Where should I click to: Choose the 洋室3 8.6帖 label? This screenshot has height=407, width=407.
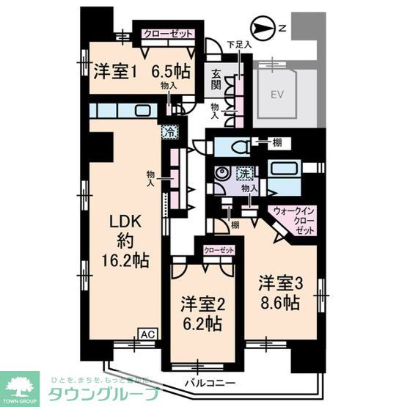coord(279,292)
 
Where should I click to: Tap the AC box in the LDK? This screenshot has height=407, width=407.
coord(147,335)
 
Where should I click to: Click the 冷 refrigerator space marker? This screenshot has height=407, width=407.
coord(169,133)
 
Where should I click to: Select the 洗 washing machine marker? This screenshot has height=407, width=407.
coord(243,174)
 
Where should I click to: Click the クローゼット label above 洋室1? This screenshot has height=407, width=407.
coord(168,34)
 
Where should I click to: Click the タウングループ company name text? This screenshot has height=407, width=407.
coord(103,394)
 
